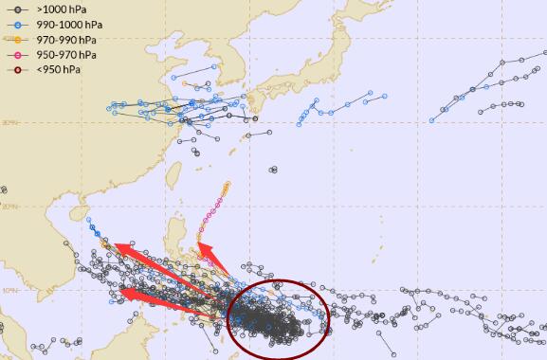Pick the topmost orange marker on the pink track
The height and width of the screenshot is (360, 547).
click(x=228, y=184)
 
